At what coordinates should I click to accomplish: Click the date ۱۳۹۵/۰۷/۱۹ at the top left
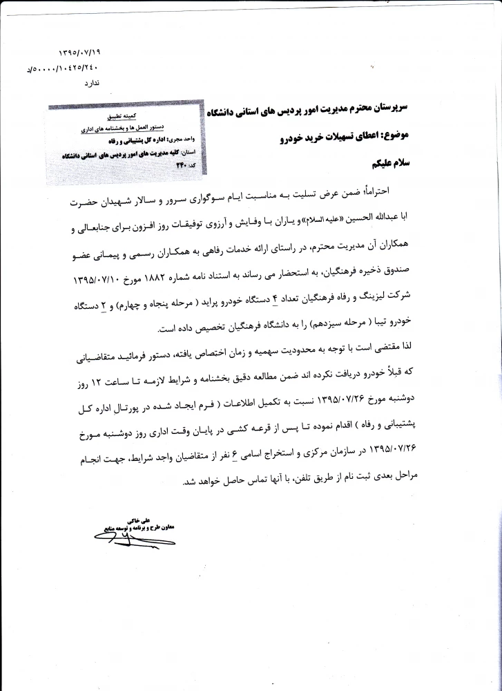coord(80,52)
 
